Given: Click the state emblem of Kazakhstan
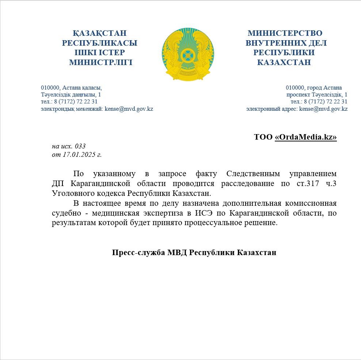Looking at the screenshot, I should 187,54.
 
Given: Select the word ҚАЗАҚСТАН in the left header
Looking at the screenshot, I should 100,33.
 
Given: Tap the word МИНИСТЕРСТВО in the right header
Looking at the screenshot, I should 285,33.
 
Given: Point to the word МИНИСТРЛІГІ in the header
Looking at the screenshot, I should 100,62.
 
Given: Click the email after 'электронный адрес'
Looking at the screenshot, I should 323,109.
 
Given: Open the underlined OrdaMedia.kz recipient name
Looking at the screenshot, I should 305,137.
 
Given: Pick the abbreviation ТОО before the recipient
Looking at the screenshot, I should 263,137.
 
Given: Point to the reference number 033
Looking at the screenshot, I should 80,146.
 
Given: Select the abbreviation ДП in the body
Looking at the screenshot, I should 59,183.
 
